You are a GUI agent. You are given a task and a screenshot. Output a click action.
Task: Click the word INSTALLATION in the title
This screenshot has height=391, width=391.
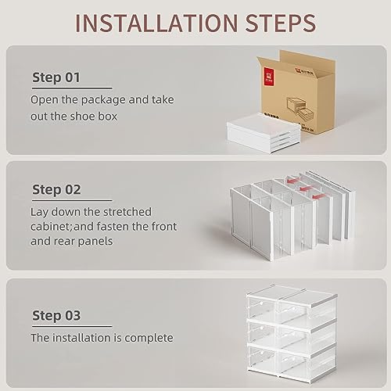(156, 23)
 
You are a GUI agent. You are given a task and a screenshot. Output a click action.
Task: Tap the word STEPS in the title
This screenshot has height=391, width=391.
(281, 23)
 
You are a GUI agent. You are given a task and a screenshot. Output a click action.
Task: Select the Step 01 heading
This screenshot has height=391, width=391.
(56, 77)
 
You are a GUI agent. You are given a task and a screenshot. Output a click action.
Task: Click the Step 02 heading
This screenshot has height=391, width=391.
(56, 189)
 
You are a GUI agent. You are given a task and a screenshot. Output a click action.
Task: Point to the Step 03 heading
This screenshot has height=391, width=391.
(56, 315)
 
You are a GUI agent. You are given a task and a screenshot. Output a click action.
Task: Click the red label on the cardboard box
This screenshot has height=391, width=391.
(268, 77)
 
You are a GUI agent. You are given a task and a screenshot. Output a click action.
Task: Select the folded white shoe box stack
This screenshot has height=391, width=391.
(264, 132)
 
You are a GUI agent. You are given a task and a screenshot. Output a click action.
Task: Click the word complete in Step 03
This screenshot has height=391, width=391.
(149, 339)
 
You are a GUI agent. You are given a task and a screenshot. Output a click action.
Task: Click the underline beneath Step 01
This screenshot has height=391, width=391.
(72, 88)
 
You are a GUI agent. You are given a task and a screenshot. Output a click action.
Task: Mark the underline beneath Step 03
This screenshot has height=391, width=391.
(72, 326)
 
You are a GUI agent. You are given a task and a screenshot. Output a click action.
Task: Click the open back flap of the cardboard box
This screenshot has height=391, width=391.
(307, 60)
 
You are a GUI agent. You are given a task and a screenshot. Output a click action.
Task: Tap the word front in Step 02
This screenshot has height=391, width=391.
(162, 227)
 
